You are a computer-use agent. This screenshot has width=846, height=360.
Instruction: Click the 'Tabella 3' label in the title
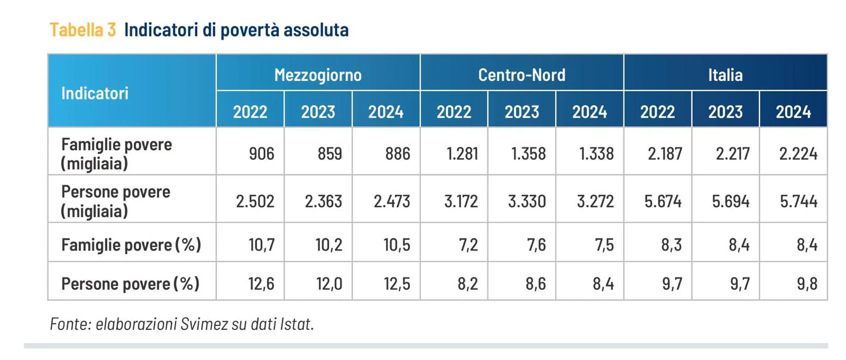[82, 30]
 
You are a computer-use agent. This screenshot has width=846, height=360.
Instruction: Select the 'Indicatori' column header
[95, 94]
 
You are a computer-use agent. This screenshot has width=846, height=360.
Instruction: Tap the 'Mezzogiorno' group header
[318, 75]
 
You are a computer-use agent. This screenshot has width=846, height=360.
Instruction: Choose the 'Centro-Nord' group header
[521, 75]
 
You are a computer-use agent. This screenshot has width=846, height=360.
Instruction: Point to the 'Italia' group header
[725, 75]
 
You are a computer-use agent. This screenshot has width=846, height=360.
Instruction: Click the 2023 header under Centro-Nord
[521, 112]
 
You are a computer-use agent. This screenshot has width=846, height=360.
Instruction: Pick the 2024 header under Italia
[793, 112]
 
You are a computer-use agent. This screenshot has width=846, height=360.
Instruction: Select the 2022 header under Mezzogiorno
[250, 112]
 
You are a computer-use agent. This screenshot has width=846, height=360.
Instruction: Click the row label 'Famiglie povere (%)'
[131, 245]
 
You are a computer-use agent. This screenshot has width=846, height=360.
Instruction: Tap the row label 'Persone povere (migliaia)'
[115, 201]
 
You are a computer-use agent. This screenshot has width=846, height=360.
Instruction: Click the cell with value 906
[261, 154]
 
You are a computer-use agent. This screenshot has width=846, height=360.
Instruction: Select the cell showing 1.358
[528, 154]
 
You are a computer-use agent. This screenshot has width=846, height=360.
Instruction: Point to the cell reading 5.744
[798, 201]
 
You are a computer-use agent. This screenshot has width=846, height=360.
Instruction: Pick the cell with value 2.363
[323, 201]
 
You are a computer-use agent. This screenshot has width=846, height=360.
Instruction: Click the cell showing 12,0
[329, 284]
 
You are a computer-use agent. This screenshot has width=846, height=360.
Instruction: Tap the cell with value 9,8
[807, 284]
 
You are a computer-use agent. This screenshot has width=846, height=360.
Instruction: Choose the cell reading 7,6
[536, 245]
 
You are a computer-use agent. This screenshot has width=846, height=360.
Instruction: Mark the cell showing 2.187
[665, 154]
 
